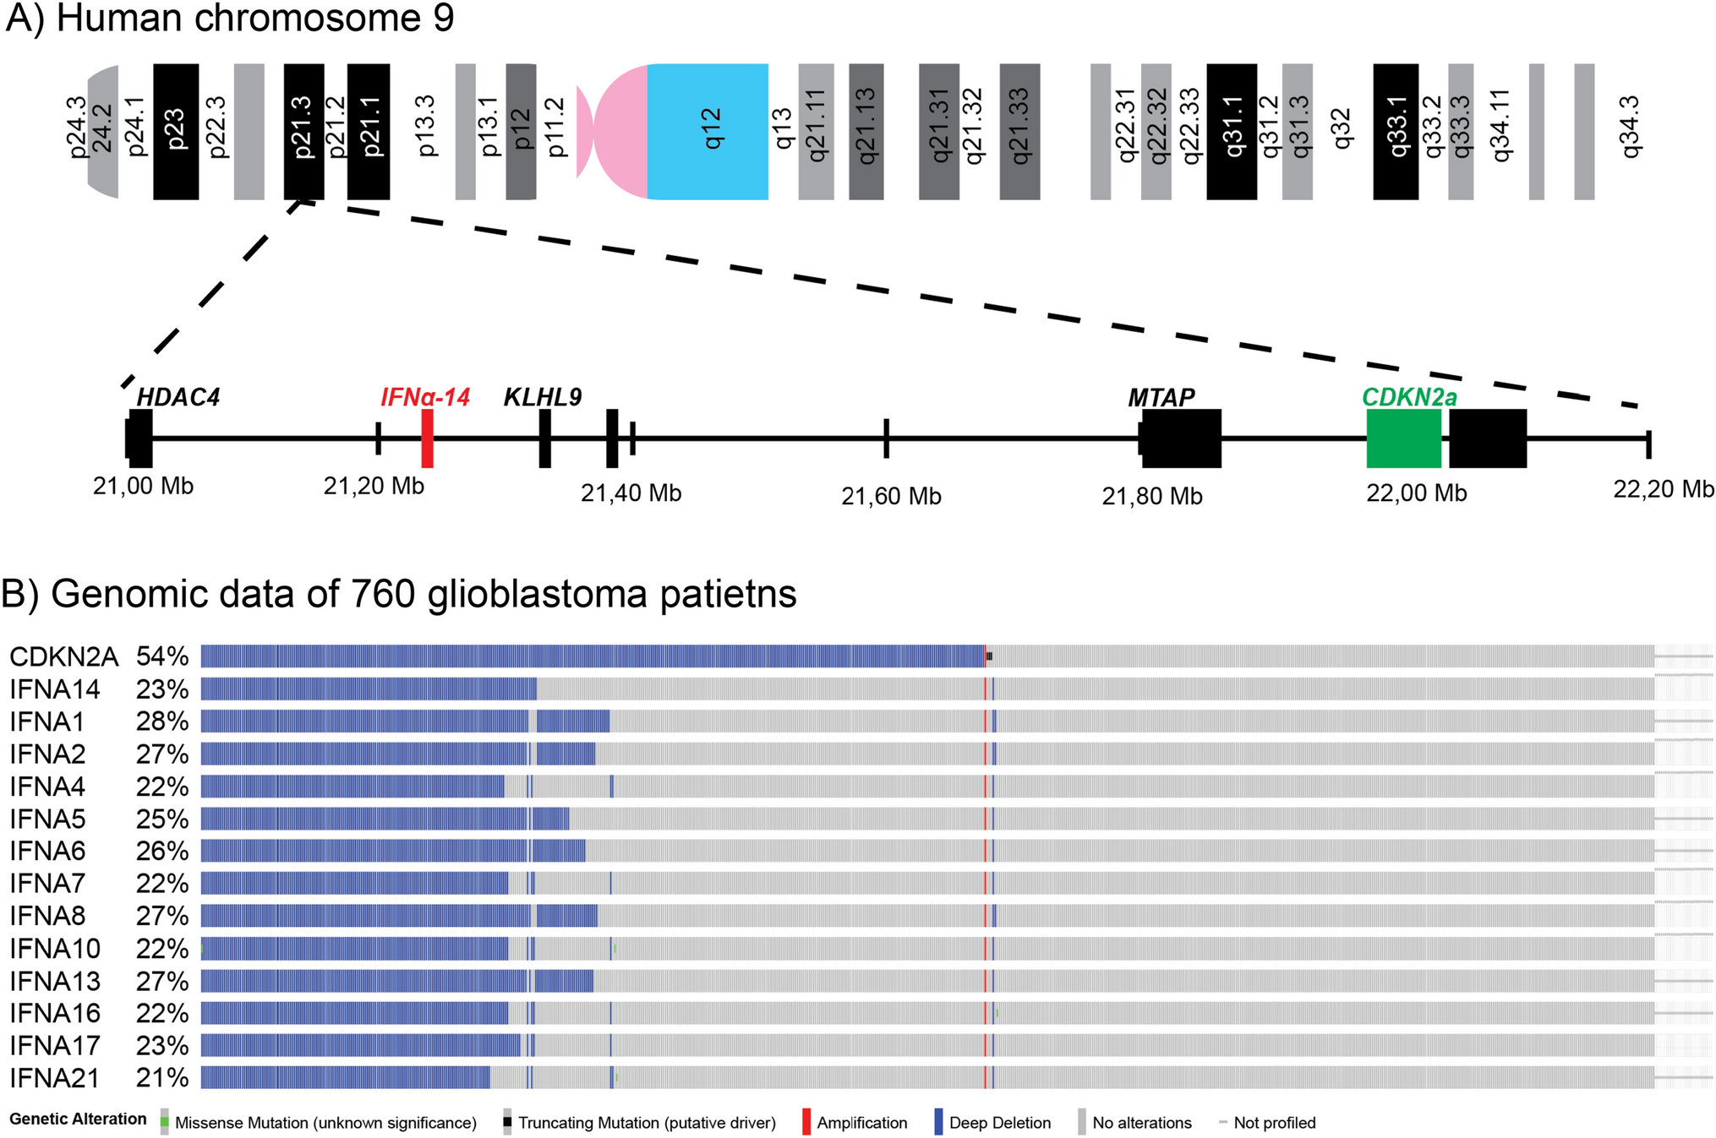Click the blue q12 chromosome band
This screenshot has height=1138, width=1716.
coord(708,131)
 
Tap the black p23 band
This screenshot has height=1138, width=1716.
coord(176,131)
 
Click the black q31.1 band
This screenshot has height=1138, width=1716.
coord(1232,131)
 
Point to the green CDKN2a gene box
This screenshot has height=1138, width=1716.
coord(1403,438)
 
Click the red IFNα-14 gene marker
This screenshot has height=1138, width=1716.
coord(428,438)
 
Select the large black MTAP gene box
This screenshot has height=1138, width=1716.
coord(1181,438)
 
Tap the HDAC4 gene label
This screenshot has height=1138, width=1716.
coord(178,397)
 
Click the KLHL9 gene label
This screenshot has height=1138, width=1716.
coord(543,397)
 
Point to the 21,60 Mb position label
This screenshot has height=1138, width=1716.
coord(891,497)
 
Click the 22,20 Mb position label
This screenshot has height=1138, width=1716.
coord(1663,489)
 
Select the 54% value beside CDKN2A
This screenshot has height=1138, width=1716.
coord(162,656)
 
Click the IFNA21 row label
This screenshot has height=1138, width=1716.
coord(55,1078)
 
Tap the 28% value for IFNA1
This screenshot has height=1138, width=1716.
coord(162,721)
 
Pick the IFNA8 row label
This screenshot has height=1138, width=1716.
coord(48,916)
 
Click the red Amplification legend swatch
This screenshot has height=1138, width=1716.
coord(806,1122)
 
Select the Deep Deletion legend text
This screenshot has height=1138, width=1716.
coord(1000,1123)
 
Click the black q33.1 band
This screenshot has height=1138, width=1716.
coord(1396,131)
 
